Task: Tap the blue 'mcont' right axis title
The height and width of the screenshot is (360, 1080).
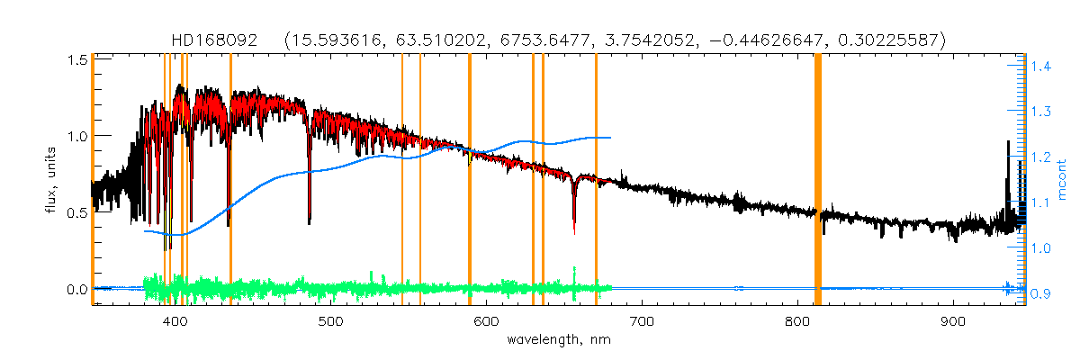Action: point(1064,180)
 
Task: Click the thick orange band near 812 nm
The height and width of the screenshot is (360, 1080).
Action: point(818,180)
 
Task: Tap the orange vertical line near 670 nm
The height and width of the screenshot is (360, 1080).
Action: point(596,180)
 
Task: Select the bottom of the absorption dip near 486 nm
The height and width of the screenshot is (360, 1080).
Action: point(310,221)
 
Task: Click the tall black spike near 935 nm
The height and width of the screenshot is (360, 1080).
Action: point(1007,144)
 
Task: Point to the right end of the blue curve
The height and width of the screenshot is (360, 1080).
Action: point(611,138)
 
